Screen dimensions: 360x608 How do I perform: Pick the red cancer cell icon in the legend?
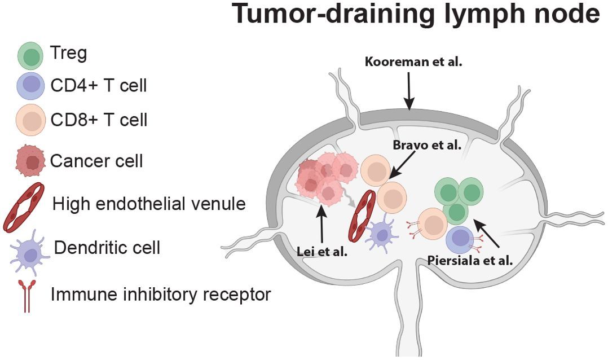coord(32,161)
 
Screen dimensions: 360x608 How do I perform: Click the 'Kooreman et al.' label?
coord(413,62)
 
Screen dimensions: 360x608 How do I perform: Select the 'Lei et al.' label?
coord(322,252)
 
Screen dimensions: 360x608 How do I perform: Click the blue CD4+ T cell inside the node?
coord(460,240)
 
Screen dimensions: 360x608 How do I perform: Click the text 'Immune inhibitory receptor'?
coord(161,294)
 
